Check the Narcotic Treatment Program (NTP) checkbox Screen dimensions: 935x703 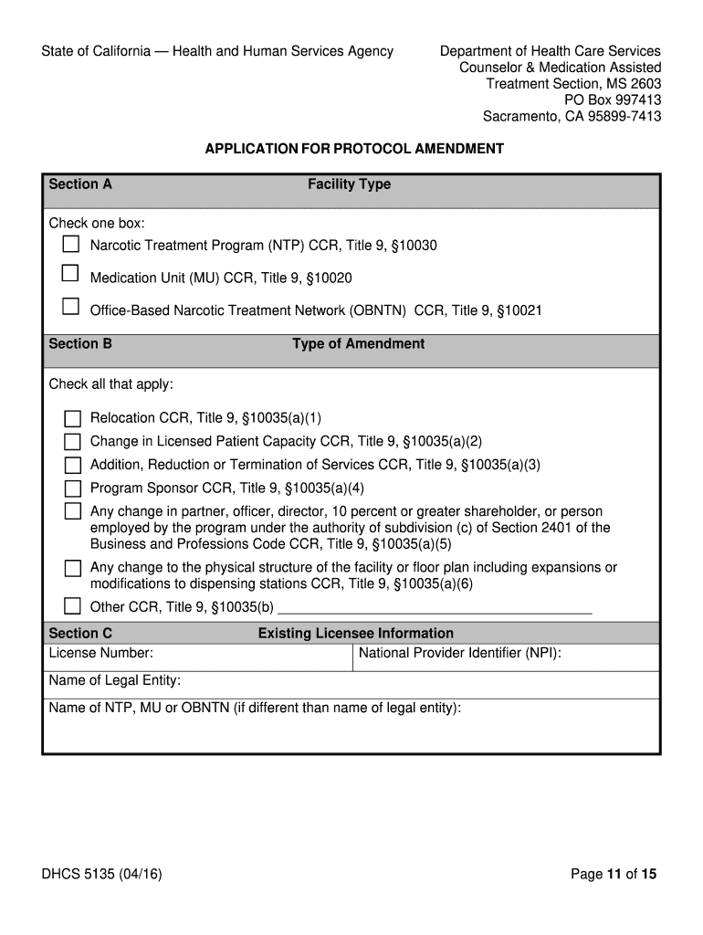coord(70,244)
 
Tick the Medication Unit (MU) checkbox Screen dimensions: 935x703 coord(70,273)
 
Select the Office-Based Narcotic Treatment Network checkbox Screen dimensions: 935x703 coord(70,307)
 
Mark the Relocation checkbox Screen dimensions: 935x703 coord(72,419)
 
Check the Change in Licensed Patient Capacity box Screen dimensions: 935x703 coord(72,442)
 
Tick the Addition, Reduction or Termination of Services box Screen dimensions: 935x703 coord(72,465)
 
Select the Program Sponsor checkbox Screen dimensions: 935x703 coord(72,489)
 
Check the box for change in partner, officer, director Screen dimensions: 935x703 coord(72,511)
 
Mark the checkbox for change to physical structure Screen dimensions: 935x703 coord(72,569)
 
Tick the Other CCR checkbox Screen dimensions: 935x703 coord(72,606)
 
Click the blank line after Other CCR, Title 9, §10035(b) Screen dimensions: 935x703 coord(435,607)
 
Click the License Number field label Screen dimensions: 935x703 coord(100,653)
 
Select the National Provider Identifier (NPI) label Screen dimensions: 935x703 coord(459,653)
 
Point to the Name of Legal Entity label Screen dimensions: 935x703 coord(114,680)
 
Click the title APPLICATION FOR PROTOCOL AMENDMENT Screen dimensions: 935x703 coord(353,149)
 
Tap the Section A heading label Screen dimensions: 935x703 coord(80,184)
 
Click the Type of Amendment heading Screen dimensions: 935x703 coord(358,344)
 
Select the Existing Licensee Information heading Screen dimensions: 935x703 coord(355,634)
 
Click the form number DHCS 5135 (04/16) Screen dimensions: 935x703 coord(101,875)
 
